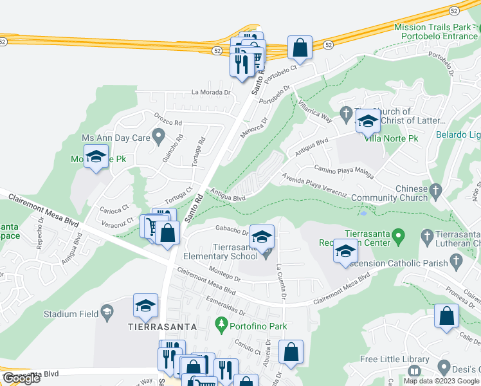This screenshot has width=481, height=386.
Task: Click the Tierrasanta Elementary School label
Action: [221, 252]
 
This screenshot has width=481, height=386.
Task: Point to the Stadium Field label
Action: [71, 314]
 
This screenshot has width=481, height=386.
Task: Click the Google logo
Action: [21, 378]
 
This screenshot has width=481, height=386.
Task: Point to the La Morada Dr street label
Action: [211, 92]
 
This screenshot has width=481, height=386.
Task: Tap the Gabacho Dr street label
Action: [232, 230]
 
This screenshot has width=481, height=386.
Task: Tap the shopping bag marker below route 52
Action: [300, 48]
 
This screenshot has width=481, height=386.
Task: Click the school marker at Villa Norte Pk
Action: [368, 120]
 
